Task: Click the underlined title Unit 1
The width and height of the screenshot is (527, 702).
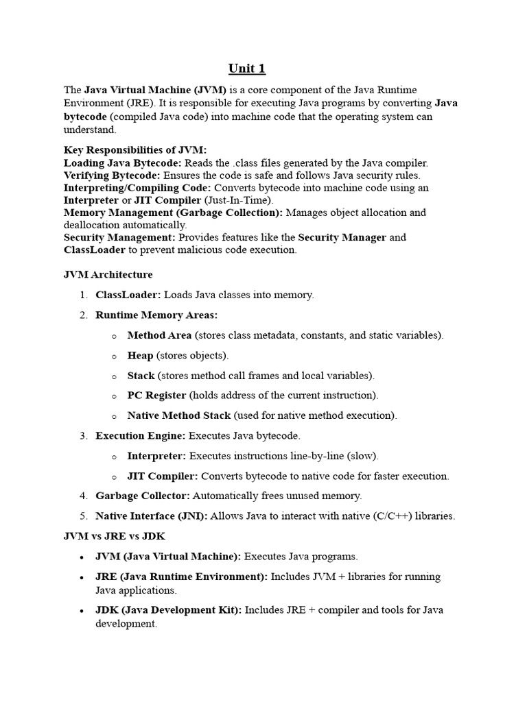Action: [x=246, y=69]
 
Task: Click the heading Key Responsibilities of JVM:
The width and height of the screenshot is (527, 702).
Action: [x=134, y=150]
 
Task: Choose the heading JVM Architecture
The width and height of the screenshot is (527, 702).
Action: [x=108, y=275]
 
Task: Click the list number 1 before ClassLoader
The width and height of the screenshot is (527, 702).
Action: [x=82, y=295]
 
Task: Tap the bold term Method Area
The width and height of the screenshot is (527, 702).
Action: [x=159, y=335]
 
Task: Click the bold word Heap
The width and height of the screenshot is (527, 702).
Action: [x=140, y=356]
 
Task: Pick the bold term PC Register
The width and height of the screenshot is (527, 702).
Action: [x=156, y=396]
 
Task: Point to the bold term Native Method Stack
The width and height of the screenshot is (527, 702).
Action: [x=179, y=415]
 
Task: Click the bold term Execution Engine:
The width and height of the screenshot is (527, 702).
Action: [x=141, y=435]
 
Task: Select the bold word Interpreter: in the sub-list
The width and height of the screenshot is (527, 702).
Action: [x=156, y=456]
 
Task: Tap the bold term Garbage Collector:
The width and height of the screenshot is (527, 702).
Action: [x=143, y=496]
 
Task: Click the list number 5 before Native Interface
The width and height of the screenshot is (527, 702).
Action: [x=82, y=516]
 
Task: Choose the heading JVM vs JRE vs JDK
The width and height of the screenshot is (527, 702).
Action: [x=115, y=536]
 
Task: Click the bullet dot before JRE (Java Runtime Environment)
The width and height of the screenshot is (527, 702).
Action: [x=82, y=577]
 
